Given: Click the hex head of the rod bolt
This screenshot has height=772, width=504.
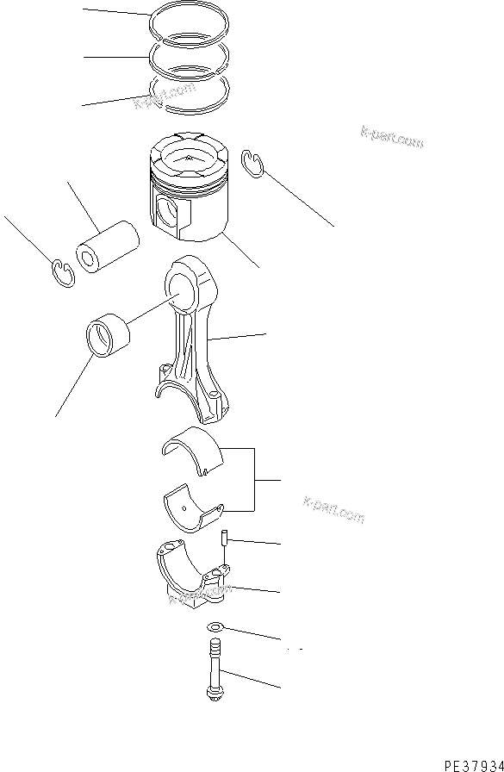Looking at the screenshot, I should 213,691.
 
